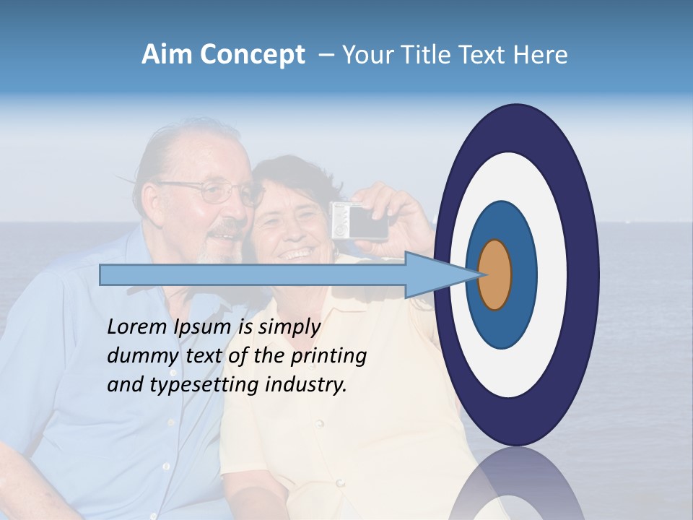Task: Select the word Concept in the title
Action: tap(252, 55)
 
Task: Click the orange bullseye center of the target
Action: tap(495, 274)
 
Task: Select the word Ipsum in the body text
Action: tap(205, 328)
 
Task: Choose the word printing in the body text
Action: tap(328, 357)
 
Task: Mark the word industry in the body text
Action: tap(306, 386)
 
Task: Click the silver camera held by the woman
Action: tap(359, 221)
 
